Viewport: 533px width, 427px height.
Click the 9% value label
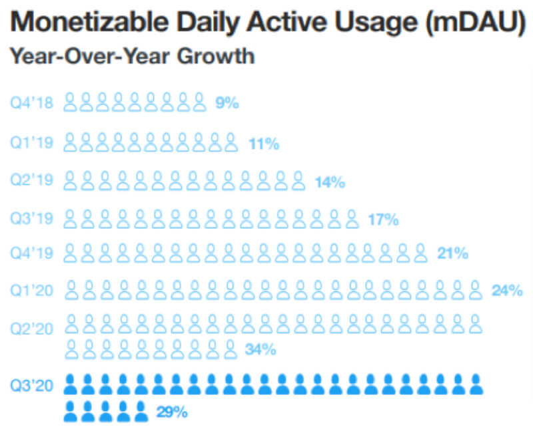click(227, 104)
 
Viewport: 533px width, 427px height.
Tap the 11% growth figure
click(263, 143)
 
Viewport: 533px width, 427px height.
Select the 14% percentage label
click(330, 182)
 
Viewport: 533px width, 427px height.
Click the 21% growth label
click(452, 253)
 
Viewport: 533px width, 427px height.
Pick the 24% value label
click(506, 291)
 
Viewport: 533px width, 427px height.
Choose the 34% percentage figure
click(261, 349)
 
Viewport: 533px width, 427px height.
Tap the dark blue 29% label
click(172, 412)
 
